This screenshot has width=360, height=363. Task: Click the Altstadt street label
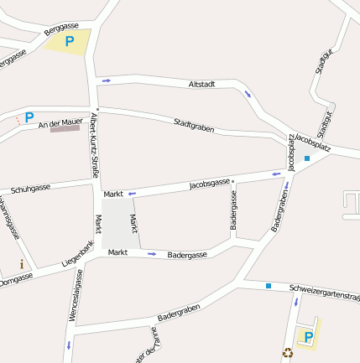[202, 85]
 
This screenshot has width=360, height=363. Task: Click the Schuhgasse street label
[30, 188]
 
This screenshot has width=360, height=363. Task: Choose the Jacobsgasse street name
[210, 183]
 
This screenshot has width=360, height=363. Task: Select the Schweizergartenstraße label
[324, 293]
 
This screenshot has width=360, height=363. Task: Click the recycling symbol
[288, 353]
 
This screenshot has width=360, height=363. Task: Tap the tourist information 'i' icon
[22, 265]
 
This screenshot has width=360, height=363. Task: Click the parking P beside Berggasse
[70, 39]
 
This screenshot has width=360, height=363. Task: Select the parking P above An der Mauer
[29, 117]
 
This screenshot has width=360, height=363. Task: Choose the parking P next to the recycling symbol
[308, 337]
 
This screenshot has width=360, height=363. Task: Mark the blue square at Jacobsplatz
[307, 158]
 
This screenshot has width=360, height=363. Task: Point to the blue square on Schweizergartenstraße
[269, 286]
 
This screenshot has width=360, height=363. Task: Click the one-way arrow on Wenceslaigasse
[68, 345]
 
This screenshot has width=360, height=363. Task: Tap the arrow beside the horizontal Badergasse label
[152, 254]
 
